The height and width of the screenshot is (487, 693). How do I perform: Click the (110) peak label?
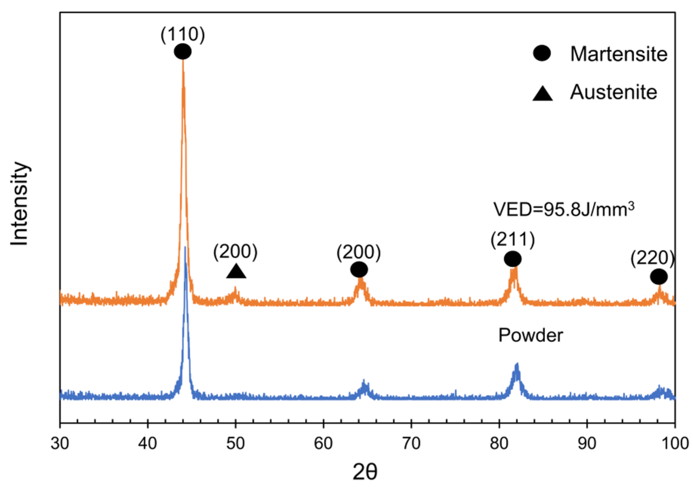tap(183, 35)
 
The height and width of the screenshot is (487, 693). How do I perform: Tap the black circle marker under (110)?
tap(183, 52)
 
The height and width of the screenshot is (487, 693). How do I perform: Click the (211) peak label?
tap(513, 240)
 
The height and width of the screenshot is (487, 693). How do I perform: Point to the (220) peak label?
tap(652, 259)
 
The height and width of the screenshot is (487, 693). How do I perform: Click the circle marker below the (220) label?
tap(659, 277)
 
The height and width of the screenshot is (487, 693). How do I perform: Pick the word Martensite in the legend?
tap(619, 54)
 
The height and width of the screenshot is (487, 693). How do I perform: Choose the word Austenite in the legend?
tap(613, 92)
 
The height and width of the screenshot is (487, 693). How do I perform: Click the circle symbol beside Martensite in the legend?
tap(542, 53)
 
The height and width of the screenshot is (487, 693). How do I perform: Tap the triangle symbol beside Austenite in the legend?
tap(542, 93)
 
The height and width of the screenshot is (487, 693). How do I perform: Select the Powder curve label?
tap(530, 335)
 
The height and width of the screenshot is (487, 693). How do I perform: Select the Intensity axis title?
tap(20, 204)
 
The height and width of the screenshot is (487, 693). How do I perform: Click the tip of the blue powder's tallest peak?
tap(185, 248)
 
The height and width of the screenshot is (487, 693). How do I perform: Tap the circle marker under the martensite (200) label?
tap(359, 269)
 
